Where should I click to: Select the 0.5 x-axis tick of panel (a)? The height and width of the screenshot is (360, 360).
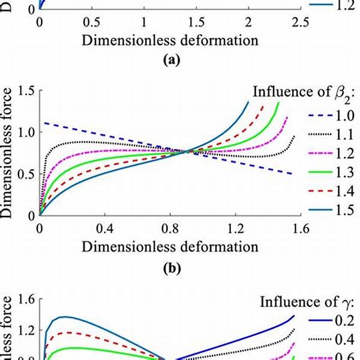coord(92,22)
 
